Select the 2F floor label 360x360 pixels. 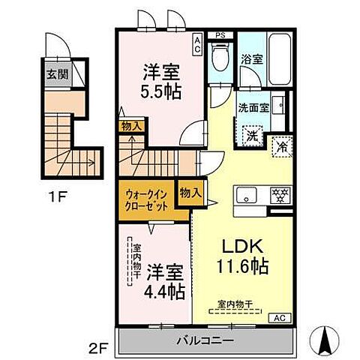pyautogui.click(x=99, y=346)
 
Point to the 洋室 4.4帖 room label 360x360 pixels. pyautogui.click(x=165, y=279)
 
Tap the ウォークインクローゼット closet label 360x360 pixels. pyautogui.click(x=145, y=199)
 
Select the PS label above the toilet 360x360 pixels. pyautogui.click(x=220, y=34)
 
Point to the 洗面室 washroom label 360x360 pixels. pyautogui.click(x=253, y=106)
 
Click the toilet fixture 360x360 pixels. pyautogui.click(x=220, y=61)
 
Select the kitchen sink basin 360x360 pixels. pyautogui.click(x=244, y=195)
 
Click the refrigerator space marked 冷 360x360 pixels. pyautogui.click(x=283, y=146)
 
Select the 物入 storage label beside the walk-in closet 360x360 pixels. pyautogui.click(x=190, y=192)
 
